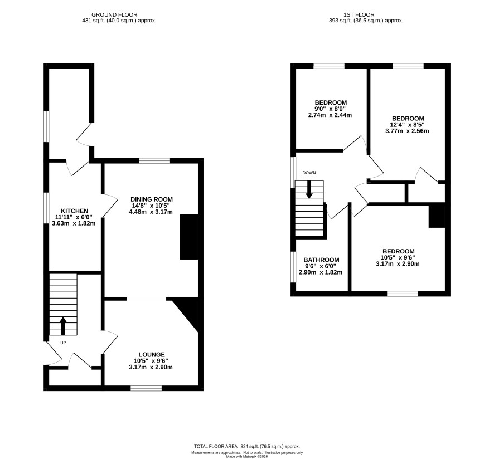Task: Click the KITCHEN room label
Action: coord(74,211)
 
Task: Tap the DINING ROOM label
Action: coord(152,199)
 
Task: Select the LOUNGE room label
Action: coord(152,355)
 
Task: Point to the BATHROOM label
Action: coord(321,260)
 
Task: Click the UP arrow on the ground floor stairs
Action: coord(63,326)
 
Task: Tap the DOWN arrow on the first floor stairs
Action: coord(309,189)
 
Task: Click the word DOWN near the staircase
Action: coord(309,173)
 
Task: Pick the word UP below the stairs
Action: coord(63,343)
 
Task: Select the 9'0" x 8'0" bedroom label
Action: coord(331,109)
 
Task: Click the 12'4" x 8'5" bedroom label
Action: coord(408,125)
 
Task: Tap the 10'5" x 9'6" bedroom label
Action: coord(398,257)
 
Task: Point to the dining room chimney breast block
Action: coord(189,237)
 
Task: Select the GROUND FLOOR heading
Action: coord(114,15)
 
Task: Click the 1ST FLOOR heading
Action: coord(359,15)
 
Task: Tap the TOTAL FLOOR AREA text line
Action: coord(246,446)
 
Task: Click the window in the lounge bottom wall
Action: coord(146,388)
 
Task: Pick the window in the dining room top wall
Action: coord(154,161)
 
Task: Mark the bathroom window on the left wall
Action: coord(293,267)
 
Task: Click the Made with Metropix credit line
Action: coord(247,456)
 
